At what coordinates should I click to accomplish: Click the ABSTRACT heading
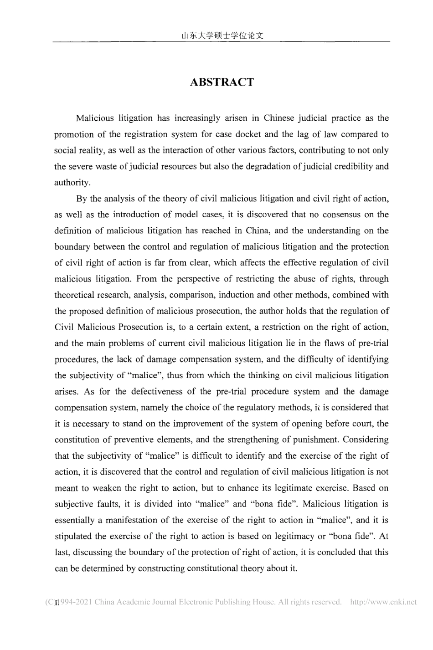pos(221,82)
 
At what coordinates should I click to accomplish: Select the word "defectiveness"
pos(160,391)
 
